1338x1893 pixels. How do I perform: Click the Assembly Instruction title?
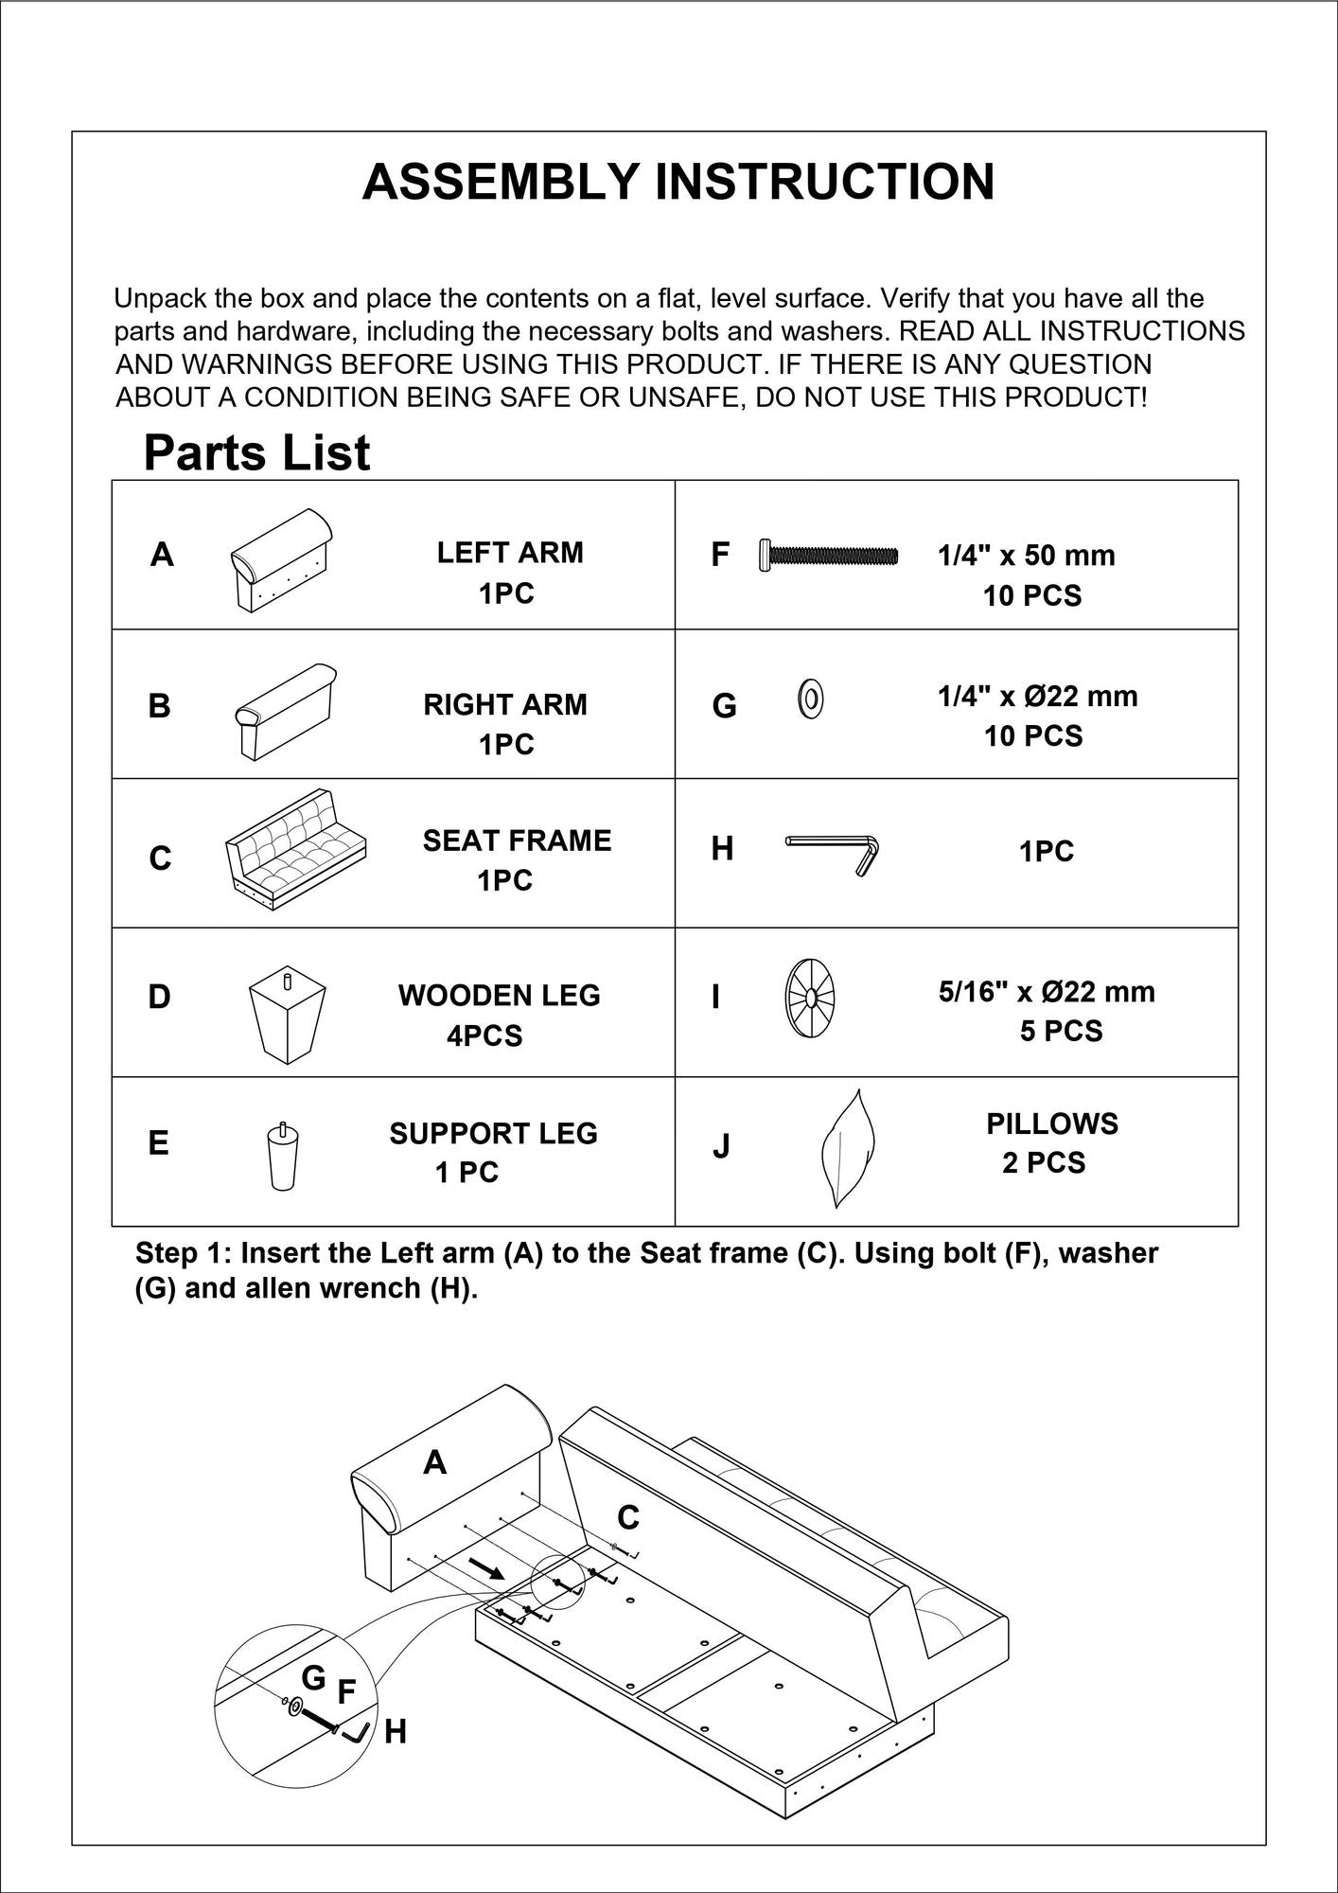[678, 182]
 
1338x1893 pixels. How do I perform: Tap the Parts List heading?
[256, 452]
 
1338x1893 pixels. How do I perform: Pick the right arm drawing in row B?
[285, 711]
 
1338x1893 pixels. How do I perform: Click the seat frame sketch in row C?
[295, 849]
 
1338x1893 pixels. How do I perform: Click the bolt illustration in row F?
[827, 556]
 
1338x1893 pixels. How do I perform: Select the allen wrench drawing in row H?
[834, 850]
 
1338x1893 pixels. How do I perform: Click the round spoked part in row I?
[810, 1000]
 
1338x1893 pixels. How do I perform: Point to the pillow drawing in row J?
[846, 1147]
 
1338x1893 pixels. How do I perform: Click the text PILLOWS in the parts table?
[1051, 1123]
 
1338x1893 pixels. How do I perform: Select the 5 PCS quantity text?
[1060, 1031]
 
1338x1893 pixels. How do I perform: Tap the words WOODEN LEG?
[499, 995]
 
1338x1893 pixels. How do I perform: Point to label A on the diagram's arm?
[434, 1462]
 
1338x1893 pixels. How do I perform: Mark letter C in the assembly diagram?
[627, 1517]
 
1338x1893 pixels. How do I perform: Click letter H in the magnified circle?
[395, 1732]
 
